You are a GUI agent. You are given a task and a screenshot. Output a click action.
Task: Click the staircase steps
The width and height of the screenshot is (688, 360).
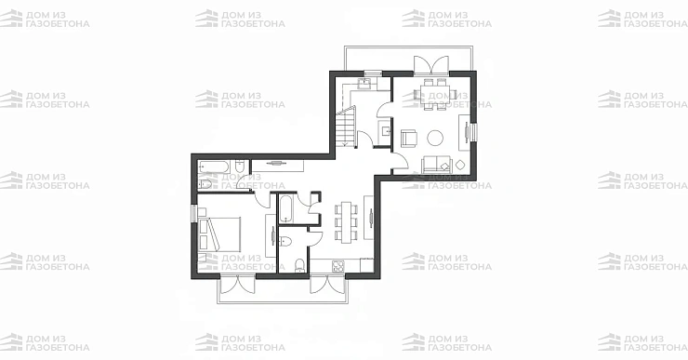click(x=346, y=127)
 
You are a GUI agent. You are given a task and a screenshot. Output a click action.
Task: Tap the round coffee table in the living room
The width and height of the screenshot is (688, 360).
click(x=435, y=138)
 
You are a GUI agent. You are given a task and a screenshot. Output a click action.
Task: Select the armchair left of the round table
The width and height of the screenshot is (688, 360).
click(x=410, y=137)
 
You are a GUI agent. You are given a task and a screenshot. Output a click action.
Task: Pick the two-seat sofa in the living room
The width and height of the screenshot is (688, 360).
click(x=437, y=165)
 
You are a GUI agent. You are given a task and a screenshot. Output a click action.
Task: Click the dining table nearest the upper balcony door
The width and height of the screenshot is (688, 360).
click(x=436, y=94)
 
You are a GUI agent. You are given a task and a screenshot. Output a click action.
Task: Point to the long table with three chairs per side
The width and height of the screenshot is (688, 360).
click(x=347, y=222)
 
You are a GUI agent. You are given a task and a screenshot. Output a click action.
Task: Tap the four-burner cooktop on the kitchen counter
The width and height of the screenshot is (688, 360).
click(x=337, y=266)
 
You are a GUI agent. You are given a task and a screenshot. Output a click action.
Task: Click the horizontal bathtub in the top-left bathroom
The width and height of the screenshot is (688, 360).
click(x=214, y=167)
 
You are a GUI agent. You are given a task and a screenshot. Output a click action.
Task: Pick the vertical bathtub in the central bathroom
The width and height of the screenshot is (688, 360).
click(x=286, y=209)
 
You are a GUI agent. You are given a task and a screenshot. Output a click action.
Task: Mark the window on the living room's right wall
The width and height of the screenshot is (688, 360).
click(x=474, y=133)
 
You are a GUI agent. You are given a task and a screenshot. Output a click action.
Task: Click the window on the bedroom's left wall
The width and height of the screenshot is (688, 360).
click(x=193, y=213)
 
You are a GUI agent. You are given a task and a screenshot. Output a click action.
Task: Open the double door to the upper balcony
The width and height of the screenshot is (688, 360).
click(x=431, y=64)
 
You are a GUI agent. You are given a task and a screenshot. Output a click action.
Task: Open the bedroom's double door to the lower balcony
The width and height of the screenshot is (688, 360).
click(x=237, y=284)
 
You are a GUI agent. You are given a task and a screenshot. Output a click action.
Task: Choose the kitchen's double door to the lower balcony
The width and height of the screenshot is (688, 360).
click(x=327, y=284)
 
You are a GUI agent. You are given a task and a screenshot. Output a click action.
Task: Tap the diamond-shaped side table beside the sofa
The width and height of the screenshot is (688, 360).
click(x=460, y=165)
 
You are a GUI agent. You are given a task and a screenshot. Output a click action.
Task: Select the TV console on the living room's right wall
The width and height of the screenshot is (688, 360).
click(x=465, y=133)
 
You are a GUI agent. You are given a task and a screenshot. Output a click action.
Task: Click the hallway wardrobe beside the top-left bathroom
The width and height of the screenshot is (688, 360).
click(x=277, y=166)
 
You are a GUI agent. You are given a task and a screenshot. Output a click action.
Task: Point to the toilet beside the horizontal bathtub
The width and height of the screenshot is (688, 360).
click(x=240, y=167)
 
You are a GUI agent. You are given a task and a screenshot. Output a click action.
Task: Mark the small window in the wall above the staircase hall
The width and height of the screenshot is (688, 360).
click(x=373, y=73)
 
